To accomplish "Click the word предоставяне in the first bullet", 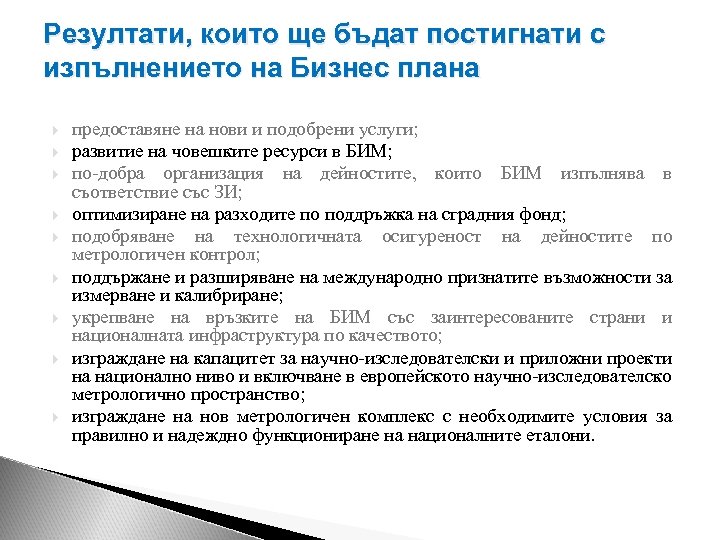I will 123,131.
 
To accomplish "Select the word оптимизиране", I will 126,215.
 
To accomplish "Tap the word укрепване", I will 111,318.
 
